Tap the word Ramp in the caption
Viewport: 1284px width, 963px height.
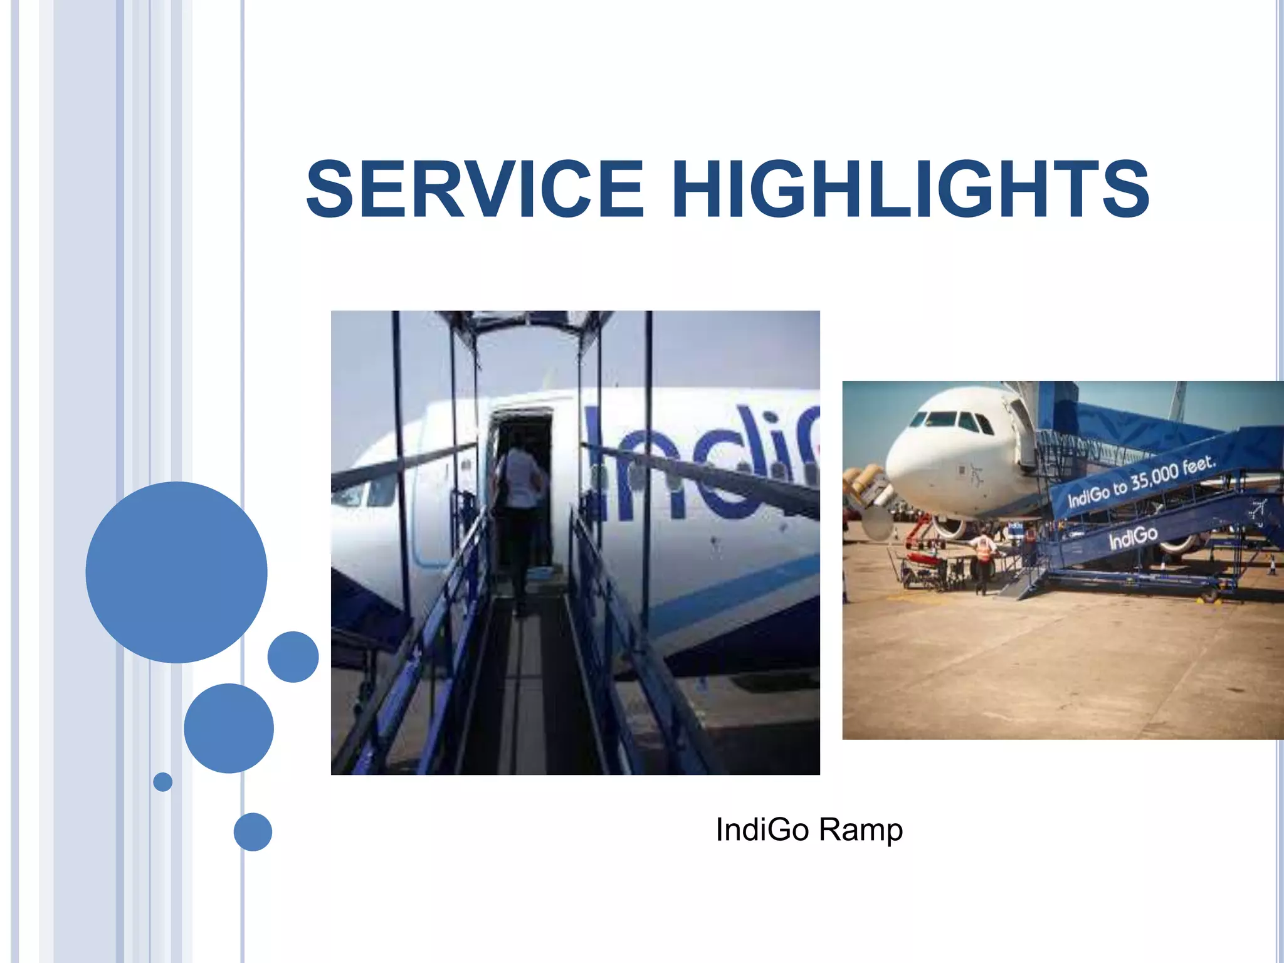pos(861,830)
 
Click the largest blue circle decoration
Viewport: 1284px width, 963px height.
pos(176,572)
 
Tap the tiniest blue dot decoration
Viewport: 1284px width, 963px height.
pos(162,782)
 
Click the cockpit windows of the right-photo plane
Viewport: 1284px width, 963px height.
pos(950,419)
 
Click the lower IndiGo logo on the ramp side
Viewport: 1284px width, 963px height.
pos(1132,537)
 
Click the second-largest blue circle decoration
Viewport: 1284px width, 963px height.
pos(229,728)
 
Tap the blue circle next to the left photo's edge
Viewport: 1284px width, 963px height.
pos(293,656)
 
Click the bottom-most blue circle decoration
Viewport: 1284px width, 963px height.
pos(253,831)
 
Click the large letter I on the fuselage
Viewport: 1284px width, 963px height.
pos(599,464)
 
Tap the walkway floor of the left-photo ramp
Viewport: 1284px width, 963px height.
pos(524,690)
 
